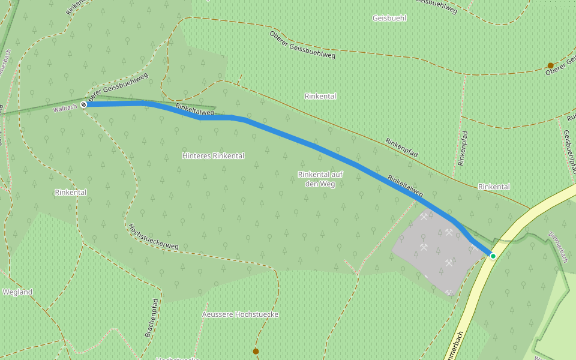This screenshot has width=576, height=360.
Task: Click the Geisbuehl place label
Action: pyautogui.click(x=389, y=18)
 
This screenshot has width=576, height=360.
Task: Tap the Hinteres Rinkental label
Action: pyautogui.click(x=213, y=155)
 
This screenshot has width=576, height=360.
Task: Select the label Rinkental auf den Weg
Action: pyautogui.click(x=320, y=179)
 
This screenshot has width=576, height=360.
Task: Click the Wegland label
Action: pyautogui.click(x=17, y=292)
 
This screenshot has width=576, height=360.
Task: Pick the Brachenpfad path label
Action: pyautogui.click(x=152, y=317)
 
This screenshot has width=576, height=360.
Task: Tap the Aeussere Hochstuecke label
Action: pyautogui.click(x=240, y=314)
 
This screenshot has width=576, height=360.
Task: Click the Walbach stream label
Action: pyautogui.click(x=65, y=108)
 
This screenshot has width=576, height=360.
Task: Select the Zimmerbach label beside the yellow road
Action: pyautogui.click(x=557, y=247)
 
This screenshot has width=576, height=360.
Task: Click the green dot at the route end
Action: pyautogui.click(x=493, y=256)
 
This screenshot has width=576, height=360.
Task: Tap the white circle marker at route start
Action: pyautogui.click(x=83, y=104)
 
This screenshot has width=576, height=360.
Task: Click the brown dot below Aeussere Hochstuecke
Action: pyautogui.click(x=256, y=351)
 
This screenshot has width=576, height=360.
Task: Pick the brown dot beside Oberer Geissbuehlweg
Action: pyautogui.click(x=550, y=65)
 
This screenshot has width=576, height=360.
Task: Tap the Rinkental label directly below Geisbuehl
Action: pyautogui.click(x=320, y=96)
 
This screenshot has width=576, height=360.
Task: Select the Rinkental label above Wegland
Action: pyautogui.click(x=71, y=193)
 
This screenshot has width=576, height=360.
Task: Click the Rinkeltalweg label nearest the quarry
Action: pyautogui.click(x=406, y=186)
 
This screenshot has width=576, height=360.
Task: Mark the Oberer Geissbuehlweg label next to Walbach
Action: pyautogui.click(x=118, y=88)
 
